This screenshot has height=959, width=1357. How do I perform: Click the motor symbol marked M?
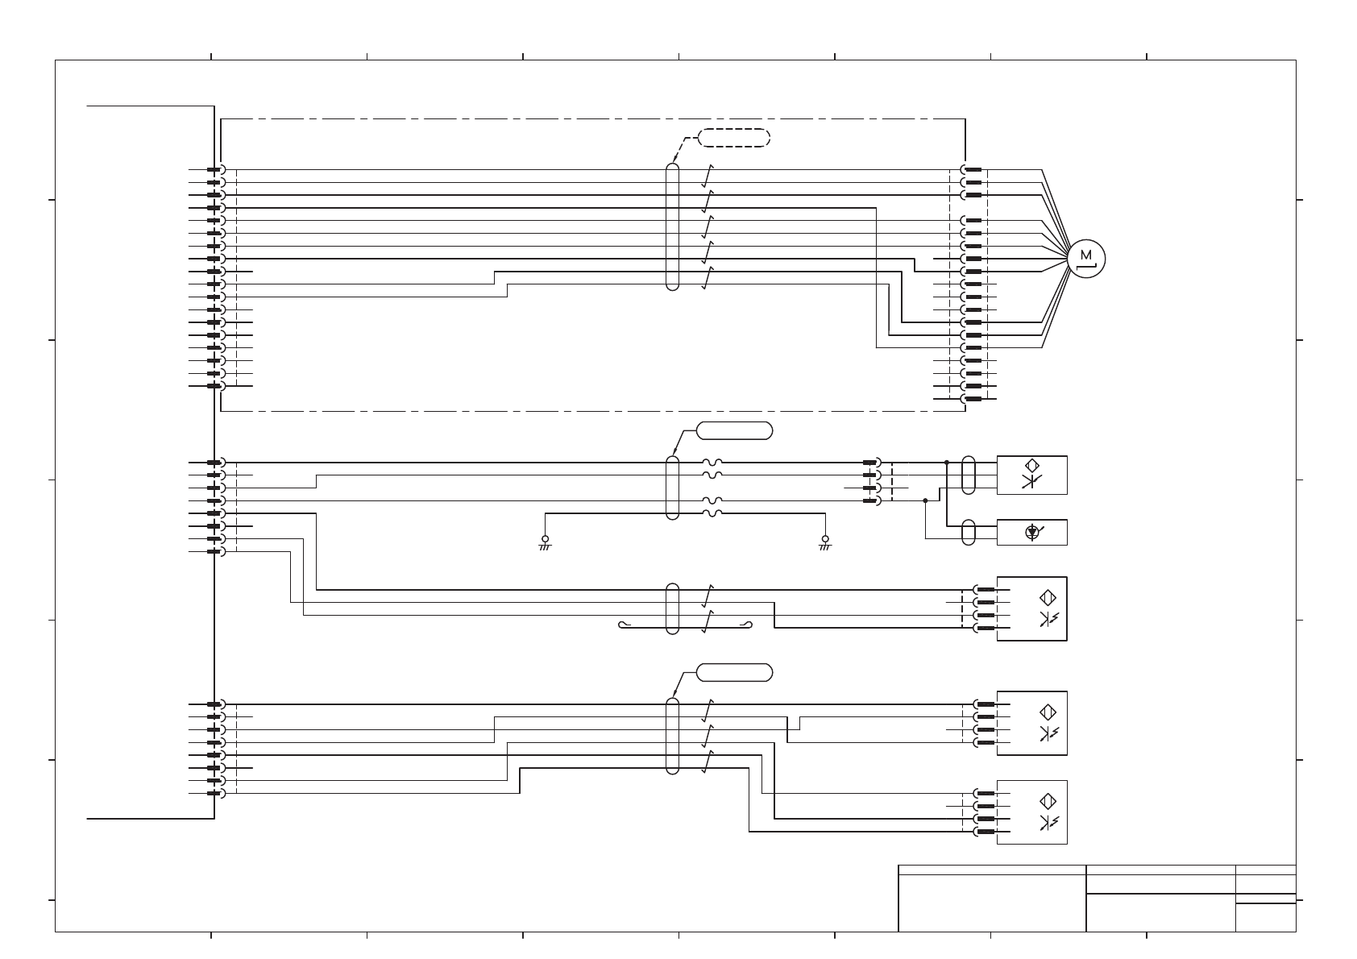1086,259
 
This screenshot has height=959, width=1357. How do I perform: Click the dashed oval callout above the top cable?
733,138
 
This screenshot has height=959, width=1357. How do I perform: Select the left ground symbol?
545,541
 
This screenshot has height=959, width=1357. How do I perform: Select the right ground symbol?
824,541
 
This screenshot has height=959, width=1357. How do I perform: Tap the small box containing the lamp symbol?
1031,532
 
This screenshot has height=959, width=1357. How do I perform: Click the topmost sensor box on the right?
1031,475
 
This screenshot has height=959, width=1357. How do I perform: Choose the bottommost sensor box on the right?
1031,812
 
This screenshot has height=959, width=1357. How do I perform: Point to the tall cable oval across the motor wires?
673,226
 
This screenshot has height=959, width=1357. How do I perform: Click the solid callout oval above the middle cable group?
734,430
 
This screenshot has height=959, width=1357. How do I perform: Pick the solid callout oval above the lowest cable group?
734,672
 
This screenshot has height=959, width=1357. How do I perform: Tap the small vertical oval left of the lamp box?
969,533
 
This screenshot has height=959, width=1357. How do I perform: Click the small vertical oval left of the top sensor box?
969,475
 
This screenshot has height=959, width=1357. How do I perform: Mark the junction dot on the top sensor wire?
947,463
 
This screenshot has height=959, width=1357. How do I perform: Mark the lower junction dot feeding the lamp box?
925,500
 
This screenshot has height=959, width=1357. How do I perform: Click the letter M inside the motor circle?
1086,255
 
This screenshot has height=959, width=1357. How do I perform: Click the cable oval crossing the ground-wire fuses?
673,488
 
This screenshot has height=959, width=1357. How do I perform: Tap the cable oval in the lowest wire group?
673,736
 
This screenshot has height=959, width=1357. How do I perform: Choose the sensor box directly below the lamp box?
1031,608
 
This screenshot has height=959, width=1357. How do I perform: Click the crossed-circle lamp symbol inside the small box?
1032,532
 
